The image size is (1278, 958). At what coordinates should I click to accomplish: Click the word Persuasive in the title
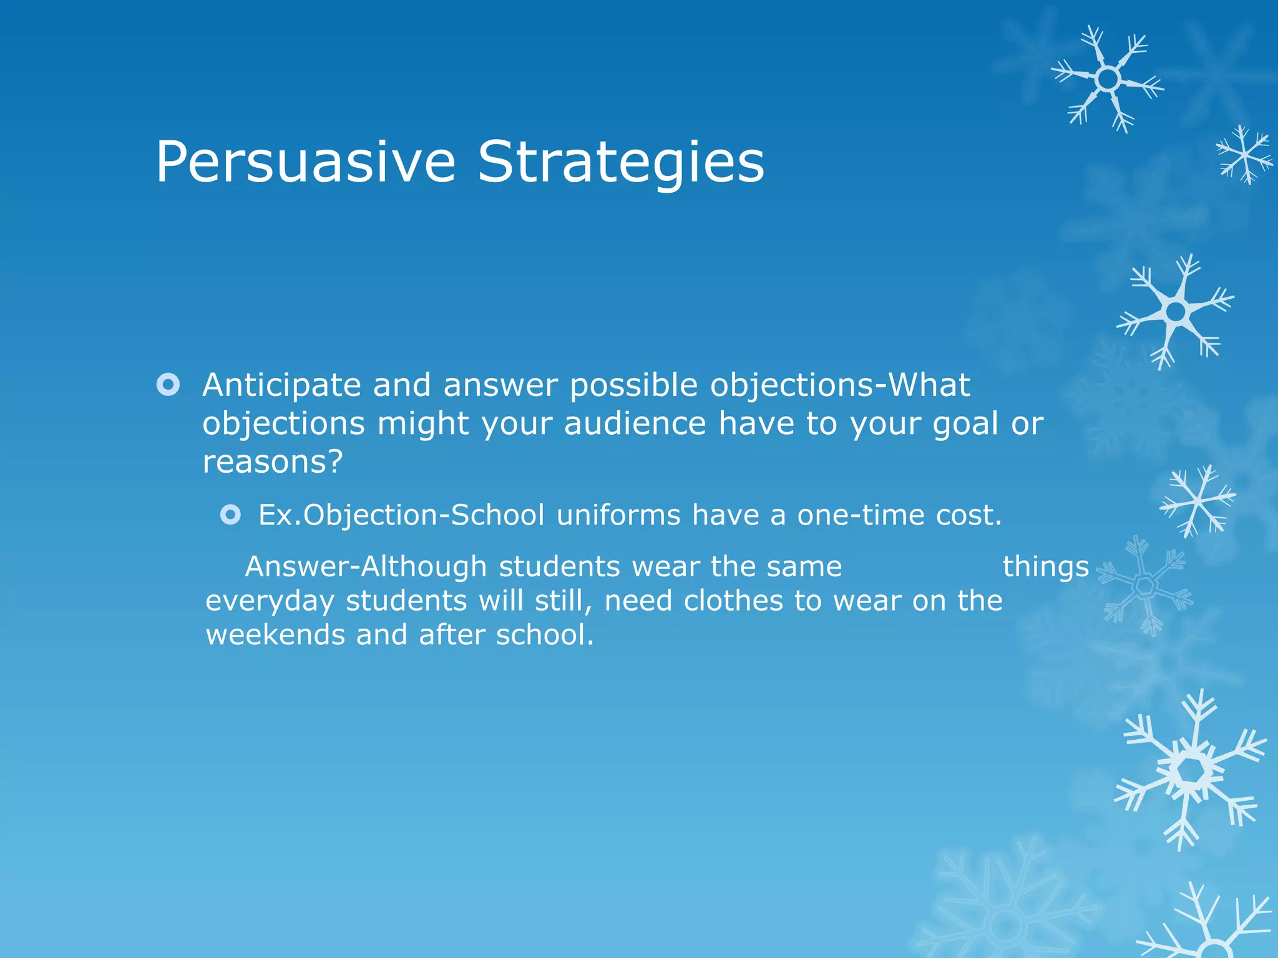[x=305, y=162]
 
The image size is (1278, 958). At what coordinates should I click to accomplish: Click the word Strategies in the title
[x=621, y=162]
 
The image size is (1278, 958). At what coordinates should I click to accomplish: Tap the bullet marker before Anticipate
[x=168, y=384]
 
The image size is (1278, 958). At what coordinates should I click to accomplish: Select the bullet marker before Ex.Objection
[x=230, y=515]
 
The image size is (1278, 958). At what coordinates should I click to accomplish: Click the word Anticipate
[x=281, y=385]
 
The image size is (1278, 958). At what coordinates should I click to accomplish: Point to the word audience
[x=635, y=423]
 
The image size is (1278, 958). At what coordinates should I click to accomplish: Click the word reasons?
[x=273, y=462]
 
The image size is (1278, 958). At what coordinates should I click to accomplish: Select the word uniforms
[x=618, y=515]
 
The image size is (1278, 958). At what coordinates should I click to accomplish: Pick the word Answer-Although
[x=366, y=567]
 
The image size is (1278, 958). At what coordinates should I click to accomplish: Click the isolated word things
[x=1045, y=567]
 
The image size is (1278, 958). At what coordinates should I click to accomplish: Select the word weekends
[x=276, y=635]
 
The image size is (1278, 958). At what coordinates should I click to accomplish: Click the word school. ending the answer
[x=544, y=635]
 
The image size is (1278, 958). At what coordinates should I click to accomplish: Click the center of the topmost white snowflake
[x=1108, y=79]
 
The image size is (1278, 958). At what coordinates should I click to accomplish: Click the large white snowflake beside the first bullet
[x=1176, y=311]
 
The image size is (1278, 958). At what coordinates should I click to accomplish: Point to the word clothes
[x=733, y=601]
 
